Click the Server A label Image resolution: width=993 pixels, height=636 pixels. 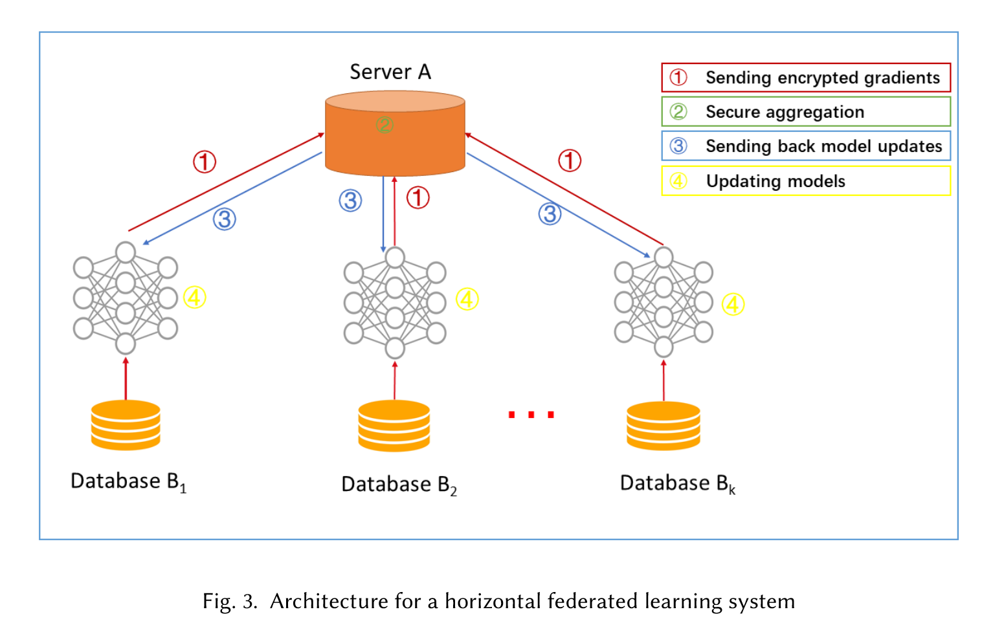[390, 72]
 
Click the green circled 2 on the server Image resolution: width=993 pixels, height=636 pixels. [385, 124]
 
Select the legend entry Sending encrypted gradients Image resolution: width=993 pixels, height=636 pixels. [806, 78]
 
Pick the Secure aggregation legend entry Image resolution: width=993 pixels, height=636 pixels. [806, 112]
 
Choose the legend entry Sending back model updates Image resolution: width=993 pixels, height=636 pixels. [806, 146]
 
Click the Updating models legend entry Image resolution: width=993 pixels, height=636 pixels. [806, 181]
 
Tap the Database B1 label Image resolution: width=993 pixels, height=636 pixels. [128, 482]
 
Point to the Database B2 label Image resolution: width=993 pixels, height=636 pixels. [399, 485]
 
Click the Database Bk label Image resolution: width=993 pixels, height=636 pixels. [677, 484]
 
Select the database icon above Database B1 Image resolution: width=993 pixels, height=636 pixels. [126, 425]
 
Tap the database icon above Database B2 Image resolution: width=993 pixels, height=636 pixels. [394, 426]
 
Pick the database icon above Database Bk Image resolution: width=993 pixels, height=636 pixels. [664, 426]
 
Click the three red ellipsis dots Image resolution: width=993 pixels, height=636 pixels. [531, 415]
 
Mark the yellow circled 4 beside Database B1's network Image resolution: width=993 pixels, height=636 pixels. [194, 298]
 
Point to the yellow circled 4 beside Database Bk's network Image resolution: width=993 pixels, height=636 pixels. [733, 304]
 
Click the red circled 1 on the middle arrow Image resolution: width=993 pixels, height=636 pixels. [418, 198]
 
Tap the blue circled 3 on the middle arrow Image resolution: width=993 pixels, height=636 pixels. [350, 201]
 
